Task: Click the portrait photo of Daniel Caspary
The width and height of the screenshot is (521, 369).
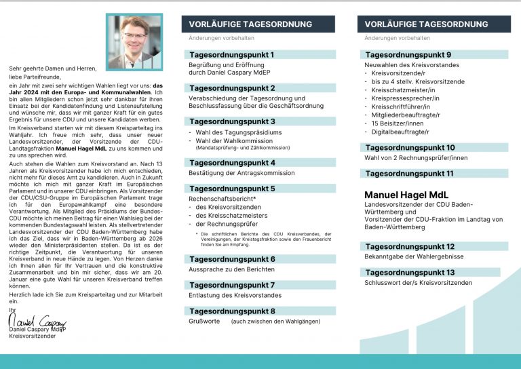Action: tap(134, 42)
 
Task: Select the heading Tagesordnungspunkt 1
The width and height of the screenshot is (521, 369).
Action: tap(223, 54)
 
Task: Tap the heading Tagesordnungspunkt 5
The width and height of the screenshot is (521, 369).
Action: tap(223, 189)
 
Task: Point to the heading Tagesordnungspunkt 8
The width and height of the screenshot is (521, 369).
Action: tap(223, 311)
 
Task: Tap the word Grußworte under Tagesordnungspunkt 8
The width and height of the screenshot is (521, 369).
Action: tap(204, 321)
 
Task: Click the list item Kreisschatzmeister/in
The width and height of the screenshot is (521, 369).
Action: tap(405, 90)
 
